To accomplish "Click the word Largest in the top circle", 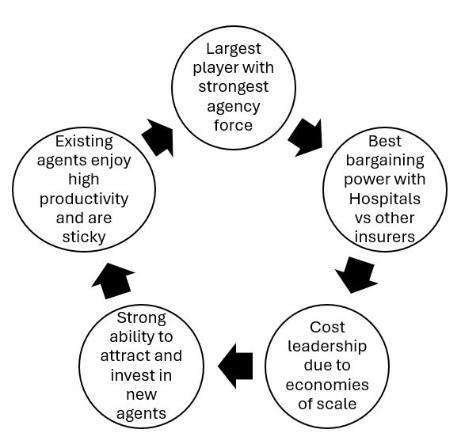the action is [x=234, y=49].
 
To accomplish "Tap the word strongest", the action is [x=234, y=86].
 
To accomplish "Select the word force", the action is [x=233, y=125].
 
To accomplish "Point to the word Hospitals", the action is [x=384, y=199].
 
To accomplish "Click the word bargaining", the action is [x=385, y=161].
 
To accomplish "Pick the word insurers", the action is [x=385, y=237].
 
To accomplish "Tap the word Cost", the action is [x=327, y=327].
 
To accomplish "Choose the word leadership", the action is [x=327, y=347].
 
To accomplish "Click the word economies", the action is [x=327, y=385].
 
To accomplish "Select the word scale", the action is [x=337, y=404].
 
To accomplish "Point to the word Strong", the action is [x=142, y=319].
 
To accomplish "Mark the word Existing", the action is [x=84, y=142].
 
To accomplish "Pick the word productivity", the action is [x=84, y=199].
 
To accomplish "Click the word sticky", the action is [x=84, y=237].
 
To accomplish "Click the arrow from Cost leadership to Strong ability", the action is [x=235, y=366].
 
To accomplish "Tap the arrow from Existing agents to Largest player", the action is [x=158, y=137].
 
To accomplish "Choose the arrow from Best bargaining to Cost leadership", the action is [x=356, y=275].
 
